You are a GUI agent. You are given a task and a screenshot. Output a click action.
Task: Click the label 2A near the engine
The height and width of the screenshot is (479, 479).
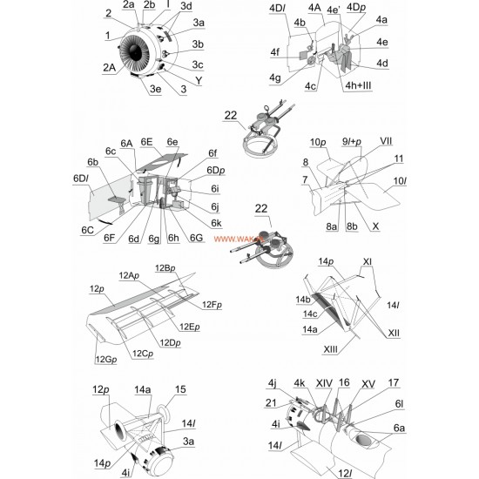tap(109, 68)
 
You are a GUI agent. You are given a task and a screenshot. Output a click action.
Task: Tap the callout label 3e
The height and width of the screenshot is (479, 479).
tap(155, 89)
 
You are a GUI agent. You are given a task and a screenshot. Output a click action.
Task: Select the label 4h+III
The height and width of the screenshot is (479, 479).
tap(358, 85)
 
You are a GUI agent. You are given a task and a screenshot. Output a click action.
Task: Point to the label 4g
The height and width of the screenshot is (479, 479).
tap(274, 78)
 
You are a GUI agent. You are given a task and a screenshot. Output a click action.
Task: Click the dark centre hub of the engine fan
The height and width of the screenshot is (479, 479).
tap(135, 51)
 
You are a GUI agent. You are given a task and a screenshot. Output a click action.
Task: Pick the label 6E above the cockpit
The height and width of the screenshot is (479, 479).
tap(146, 142)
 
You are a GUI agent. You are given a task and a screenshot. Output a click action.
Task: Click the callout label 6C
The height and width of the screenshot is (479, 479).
tap(87, 230)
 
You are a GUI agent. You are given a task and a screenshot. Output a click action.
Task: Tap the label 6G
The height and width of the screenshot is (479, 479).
tap(197, 238)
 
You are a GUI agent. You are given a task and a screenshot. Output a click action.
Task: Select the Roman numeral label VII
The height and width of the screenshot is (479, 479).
tap(386, 141)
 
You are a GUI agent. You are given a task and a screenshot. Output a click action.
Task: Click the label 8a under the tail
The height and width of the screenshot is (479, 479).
tap(331, 226)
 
